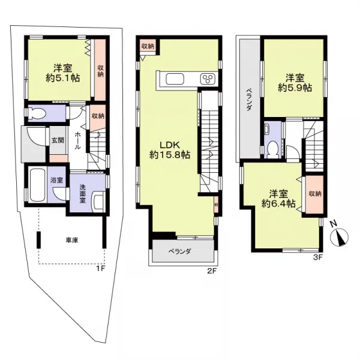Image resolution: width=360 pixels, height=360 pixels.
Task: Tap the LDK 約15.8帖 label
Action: (170, 149)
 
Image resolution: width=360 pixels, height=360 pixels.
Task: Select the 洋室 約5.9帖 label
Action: (293, 82)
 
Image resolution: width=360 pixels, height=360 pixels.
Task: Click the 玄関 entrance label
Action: (57, 140)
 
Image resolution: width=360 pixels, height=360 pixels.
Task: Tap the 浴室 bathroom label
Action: (57, 180)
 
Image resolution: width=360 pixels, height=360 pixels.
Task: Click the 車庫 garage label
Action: (72, 241)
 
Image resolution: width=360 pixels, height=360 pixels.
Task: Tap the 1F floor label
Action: (100, 268)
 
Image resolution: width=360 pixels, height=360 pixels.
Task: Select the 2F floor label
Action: (211, 271)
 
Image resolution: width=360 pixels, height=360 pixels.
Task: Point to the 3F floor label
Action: (318, 257)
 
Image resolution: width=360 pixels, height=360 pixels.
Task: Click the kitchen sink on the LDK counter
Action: (176, 80)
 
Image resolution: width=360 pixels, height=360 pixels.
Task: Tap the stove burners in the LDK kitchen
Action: (208, 80)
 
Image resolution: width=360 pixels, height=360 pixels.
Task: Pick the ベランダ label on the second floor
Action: (179, 252)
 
